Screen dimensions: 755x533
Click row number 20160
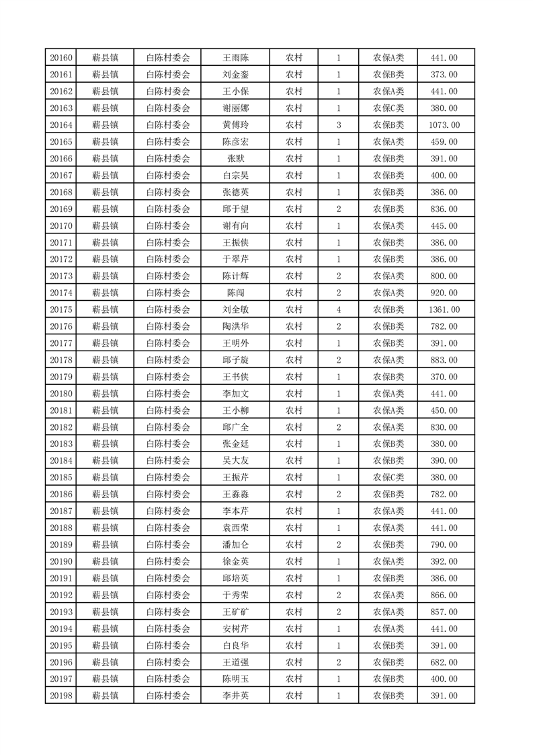61,58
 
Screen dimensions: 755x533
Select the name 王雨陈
235,58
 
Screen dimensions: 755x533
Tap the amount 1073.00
444,125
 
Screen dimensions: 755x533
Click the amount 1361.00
444,310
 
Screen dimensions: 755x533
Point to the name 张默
235,159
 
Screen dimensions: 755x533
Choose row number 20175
61,310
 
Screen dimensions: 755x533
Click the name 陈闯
235,293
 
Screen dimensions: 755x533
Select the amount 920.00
444,293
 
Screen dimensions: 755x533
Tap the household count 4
338,310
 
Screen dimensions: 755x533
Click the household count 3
338,125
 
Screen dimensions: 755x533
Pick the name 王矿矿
235,612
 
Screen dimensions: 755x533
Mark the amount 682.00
444,662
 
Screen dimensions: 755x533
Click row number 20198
61,696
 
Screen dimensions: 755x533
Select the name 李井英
235,696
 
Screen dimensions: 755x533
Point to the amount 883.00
444,360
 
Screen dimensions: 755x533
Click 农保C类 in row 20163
388,108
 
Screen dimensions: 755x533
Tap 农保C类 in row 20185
388,477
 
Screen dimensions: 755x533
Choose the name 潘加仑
235,544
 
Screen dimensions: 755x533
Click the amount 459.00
444,142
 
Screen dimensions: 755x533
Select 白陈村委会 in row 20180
168,394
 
